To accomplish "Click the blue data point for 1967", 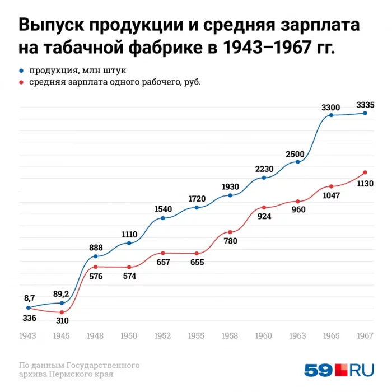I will coord(365,113).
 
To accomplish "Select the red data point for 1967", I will coord(365,172).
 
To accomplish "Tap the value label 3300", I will coord(330,106).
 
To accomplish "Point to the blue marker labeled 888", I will coord(96,256).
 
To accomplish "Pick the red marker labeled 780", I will coord(230,232).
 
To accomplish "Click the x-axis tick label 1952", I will coord(162,335).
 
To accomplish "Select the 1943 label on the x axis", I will coord(28,335).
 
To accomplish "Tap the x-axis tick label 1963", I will coord(297,335).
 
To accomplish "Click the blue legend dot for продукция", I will coord(21,71).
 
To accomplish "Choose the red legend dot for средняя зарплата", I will coord(21,82).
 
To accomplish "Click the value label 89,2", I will coord(61,293).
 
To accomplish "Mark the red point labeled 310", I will coord(62,312).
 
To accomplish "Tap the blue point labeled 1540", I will coord(163,218).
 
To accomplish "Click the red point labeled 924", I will coord(264,208).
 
